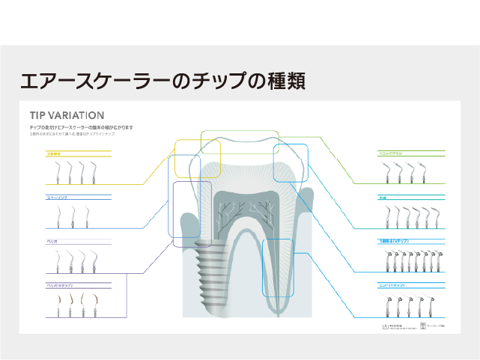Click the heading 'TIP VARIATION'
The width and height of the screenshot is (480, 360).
[x=67, y=115]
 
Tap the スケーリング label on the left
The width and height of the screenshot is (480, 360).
[x=58, y=198]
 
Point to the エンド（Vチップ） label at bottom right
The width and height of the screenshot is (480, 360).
[x=392, y=286]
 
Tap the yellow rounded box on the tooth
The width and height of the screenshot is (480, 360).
[x=198, y=158]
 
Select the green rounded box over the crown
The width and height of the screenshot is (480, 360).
[x=240, y=142]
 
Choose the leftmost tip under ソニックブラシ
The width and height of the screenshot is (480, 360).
[x=389, y=174]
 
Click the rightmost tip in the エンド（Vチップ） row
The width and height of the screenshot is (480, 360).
[x=433, y=306]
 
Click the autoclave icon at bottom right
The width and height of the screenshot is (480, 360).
[x=385, y=326]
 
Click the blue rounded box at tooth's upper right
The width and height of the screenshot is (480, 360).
[x=290, y=163]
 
